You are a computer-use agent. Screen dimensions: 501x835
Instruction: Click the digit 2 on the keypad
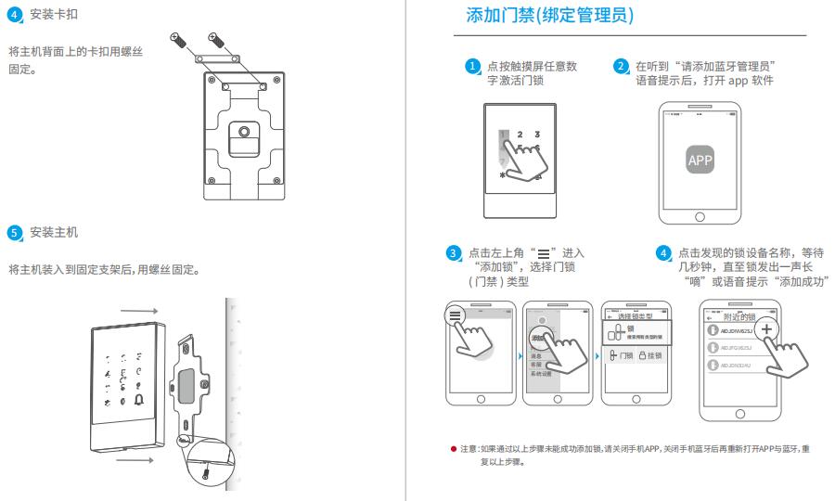519,135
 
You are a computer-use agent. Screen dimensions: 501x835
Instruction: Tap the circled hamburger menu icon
454,315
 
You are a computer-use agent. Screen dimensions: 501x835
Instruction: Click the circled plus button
767,330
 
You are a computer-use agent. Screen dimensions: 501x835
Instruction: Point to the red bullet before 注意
453,448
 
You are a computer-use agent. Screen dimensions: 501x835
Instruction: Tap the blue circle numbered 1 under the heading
472,67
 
